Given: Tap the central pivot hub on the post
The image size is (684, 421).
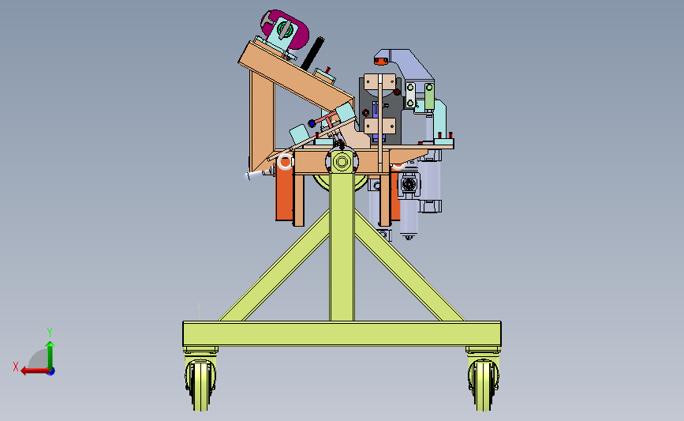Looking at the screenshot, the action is [x=342, y=162].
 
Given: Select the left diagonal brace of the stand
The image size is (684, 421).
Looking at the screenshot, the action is [x=275, y=266].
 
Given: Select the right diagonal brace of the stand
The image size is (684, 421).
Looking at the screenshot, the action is [x=409, y=266].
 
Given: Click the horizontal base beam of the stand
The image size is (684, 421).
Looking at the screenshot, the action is [x=342, y=334].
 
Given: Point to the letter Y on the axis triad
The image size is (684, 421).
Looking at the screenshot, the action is [x=49, y=333].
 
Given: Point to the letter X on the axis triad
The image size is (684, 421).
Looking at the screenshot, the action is [x=16, y=366].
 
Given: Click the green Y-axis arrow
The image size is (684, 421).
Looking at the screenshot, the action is [x=50, y=355].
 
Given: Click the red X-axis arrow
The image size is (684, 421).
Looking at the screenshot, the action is [x=36, y=371].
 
